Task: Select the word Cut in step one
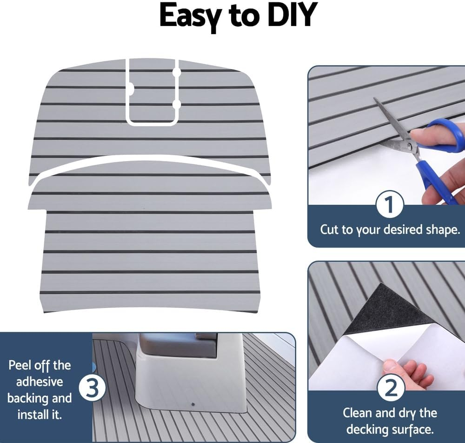pyautogui.click(x=330, y=229)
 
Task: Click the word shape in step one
pyautogui.click(x=438, y=229)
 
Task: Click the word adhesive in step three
pyautogui.click(x=40, y=382)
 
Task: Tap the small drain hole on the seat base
pyautogui.click(x=193, y=404)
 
